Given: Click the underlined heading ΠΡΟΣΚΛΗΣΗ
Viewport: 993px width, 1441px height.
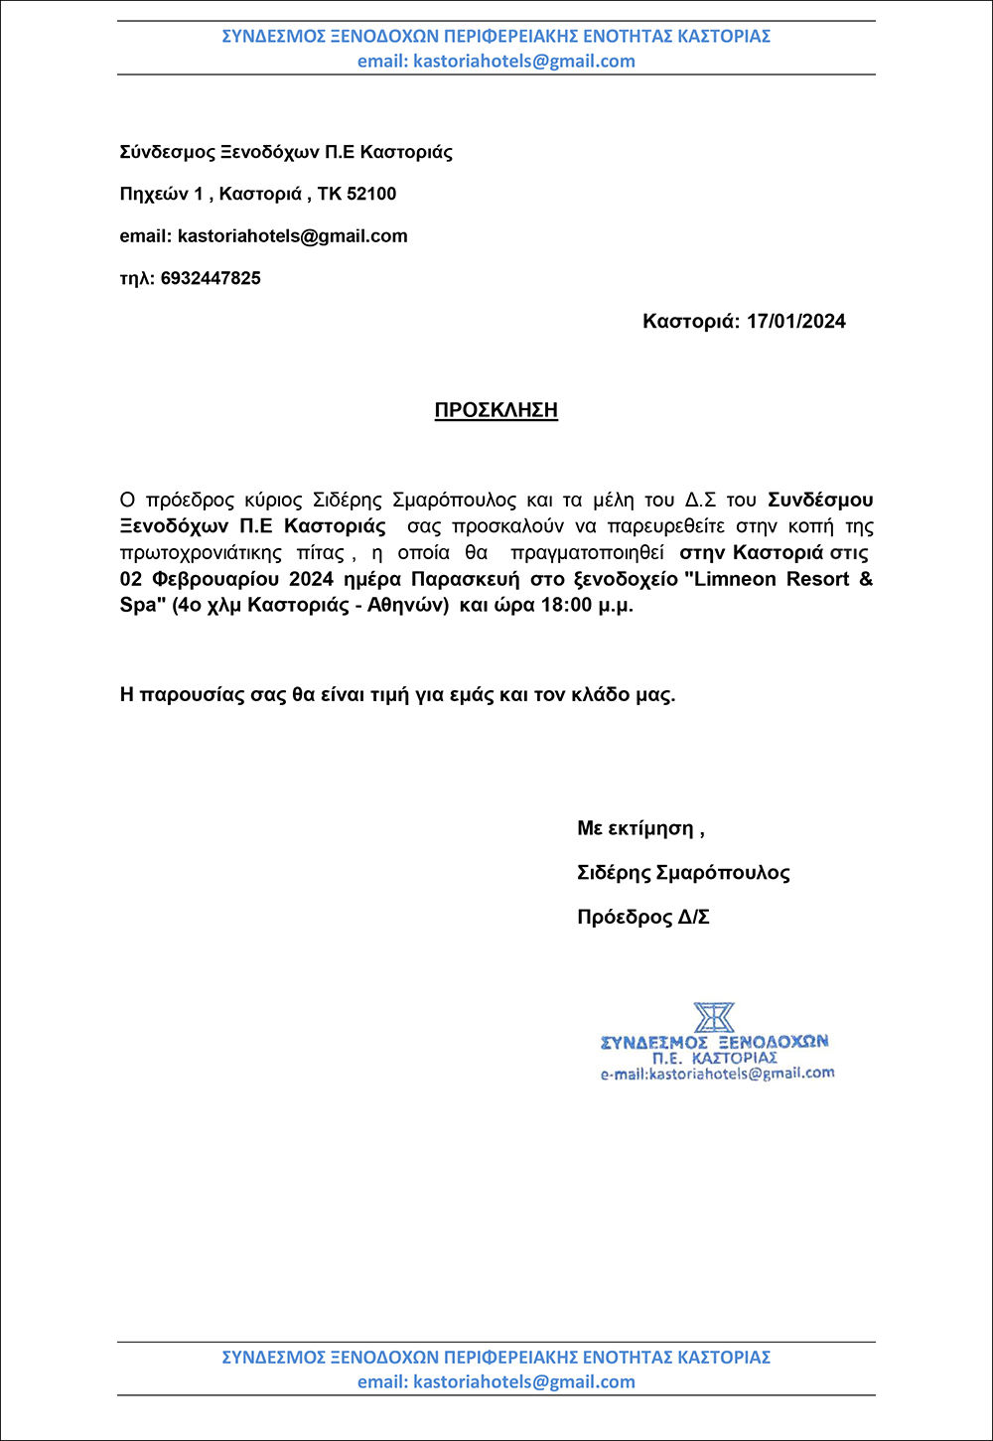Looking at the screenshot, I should tap(496, 410).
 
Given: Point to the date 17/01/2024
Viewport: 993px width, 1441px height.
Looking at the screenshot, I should tap(796, 321).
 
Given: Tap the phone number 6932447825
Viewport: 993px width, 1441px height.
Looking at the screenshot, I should tap(211, 278).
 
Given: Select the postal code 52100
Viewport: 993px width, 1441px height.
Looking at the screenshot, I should tap(371, 194).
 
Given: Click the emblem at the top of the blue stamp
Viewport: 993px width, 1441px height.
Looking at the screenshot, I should tap(714, 1018).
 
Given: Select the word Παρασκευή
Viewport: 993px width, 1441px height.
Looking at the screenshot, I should tap(466, 579).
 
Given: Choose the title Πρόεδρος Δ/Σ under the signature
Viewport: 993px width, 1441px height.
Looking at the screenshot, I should tap(643, 917).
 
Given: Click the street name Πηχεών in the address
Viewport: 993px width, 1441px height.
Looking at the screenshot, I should tap(153, 195).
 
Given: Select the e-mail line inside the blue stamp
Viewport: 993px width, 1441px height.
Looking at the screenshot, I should tap(717, 1075).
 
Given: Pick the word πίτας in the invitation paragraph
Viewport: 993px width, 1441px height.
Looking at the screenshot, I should tap(319, 553).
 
